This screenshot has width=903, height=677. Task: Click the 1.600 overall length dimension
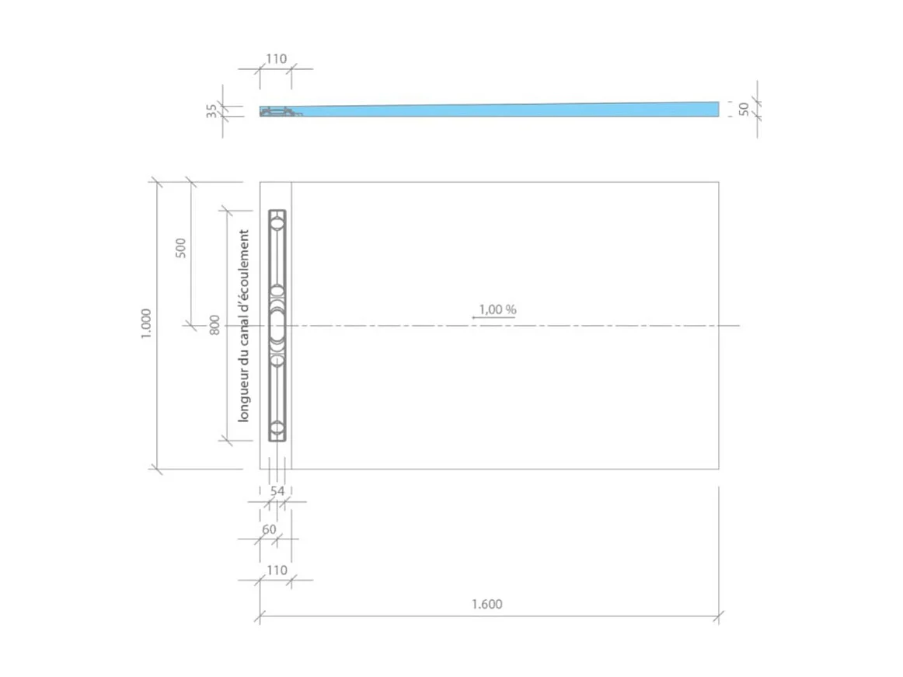click(x=486, y=604)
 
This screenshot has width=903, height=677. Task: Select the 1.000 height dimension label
click(x=147, y=324)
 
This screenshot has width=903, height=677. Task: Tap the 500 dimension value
click(x=181, y=247)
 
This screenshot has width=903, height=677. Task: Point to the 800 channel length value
click(x=214, y=325)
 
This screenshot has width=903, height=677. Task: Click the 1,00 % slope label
click(x=497, y=309)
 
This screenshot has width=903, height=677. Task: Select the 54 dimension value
click(x=277, y=490)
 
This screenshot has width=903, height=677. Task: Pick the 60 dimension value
click(x=269, y=529)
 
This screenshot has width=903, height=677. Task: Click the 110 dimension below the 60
click(x=276, y=570)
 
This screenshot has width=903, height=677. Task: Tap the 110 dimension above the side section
click(x=276, y=58)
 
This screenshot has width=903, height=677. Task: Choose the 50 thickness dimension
click(x=743, y=109)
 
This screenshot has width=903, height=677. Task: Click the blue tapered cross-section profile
click(x=505, y=110)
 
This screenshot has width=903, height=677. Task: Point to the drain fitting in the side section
click(x=279, y=112)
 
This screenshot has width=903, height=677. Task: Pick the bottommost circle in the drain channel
click(x=277, y=428)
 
